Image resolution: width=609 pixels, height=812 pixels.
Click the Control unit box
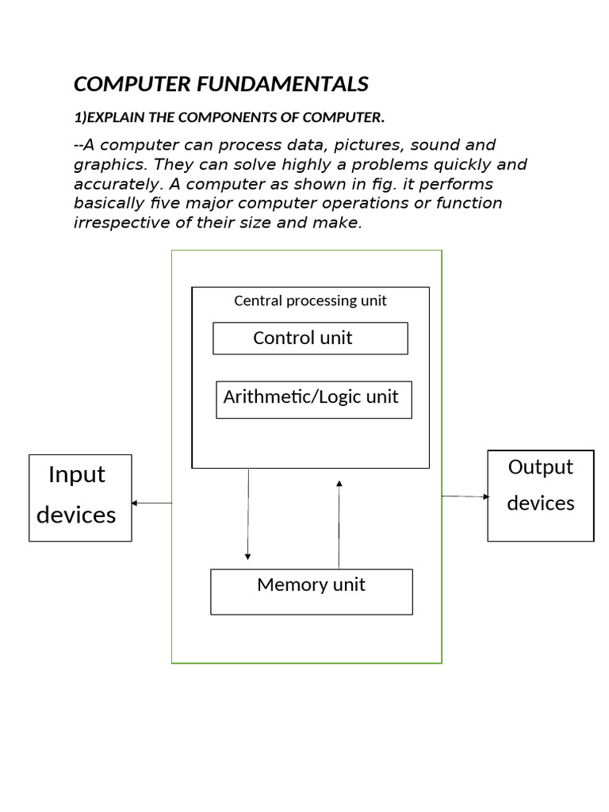(310, 338)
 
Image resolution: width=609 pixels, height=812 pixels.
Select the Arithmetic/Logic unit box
(313, 399)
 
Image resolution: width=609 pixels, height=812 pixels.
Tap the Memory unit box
(311, 591)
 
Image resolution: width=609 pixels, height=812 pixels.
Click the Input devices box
(80, 497)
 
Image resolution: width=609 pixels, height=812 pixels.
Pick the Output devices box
(540, 496)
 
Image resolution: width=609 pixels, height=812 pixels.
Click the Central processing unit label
(310, 301)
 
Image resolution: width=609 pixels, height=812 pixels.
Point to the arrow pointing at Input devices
(151, 503)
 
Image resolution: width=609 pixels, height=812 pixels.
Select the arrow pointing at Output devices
(465, 496)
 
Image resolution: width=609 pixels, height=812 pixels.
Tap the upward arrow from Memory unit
(339, 523)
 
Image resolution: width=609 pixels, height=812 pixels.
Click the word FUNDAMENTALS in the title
(291, 84)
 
